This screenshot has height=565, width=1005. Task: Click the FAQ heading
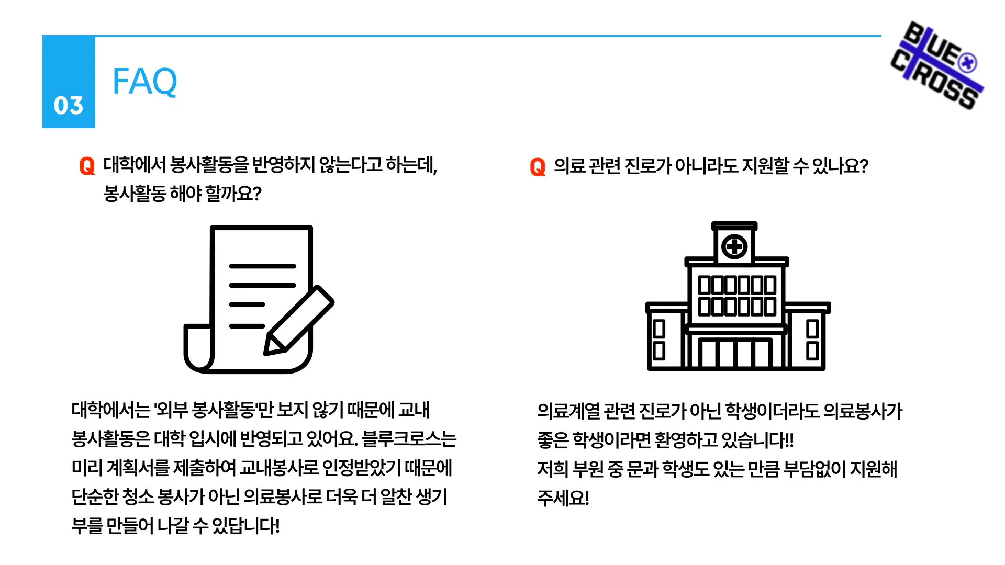click(145, 82)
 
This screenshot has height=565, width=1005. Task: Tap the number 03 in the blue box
click(69, 106)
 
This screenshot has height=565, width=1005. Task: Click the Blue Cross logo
click(937, 65)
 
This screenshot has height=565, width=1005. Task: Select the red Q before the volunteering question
click(87, 166)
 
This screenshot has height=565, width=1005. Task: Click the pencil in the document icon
click(299, 320)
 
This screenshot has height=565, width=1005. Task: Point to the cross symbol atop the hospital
click(734, 246)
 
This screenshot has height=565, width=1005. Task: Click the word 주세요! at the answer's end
click(563, 498)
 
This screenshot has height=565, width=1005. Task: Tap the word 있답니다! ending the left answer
click(246, 526)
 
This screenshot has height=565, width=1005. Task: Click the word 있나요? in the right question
click(840, 166)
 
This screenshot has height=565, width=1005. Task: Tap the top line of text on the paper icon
click(263, 266)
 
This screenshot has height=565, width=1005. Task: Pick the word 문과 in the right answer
click(643, 469)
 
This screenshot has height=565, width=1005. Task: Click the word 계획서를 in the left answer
click(138, 468)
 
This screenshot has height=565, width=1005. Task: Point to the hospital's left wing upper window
click(659, 329)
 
